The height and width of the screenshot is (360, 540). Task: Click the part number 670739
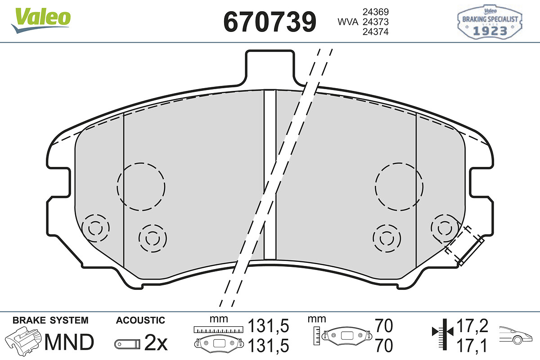(x=270, y=22)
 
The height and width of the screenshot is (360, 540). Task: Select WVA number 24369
(x=376, y=12)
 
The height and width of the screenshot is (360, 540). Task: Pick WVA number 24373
(x=376, y=22)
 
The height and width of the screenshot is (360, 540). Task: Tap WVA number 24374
(x=376, y=32)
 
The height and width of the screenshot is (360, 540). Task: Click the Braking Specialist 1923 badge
(x=490, y=22)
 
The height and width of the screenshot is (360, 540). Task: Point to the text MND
(x=69, y=342)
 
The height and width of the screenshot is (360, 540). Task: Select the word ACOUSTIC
(x=140, y=320)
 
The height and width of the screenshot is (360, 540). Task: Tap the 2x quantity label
(x=156, y=342)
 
